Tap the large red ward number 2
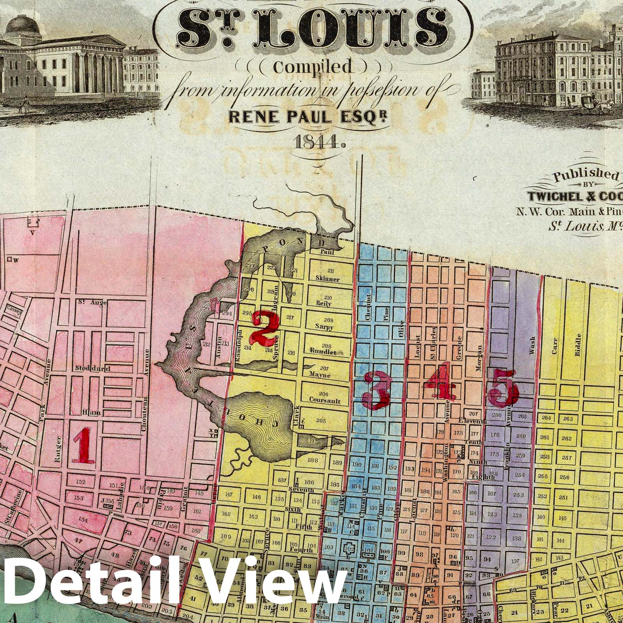266,329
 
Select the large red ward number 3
376,390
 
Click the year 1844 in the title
316,143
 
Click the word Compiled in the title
313,67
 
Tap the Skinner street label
327,279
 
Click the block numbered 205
321,421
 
